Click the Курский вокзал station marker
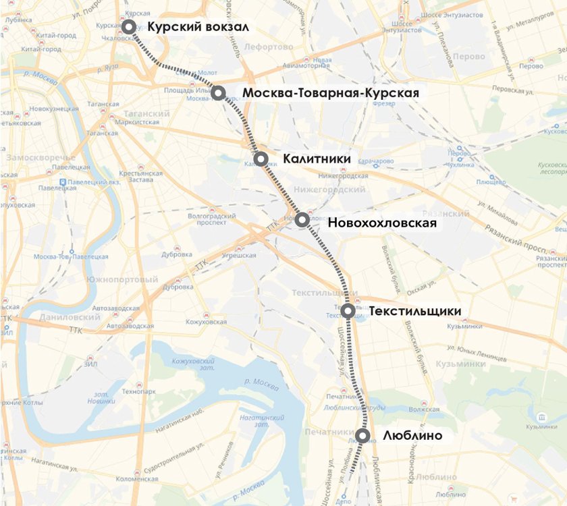pyautogui.click(x=128, y=27)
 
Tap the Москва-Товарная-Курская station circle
pyautogui.click(x=218, y=92)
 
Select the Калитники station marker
pyautogui.click(x=261, y=159)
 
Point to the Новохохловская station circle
pyautogui.click(x=302, y=219)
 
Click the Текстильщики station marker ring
pyautogui.click(x=348, y=311)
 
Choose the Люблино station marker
pyautogui.click(x=363, y=436)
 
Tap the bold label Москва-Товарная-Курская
pyautogui.click(x=331, y=93)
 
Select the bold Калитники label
pyautogui.click(x=317, y=159)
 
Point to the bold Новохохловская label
pyautogui.click(x=382, y=223)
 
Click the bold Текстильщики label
pyautogui.click(x=415, y=311)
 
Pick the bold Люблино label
pyautogui.click(x=412, y=436)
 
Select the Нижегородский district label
pyautogui.click(x=338, y=190)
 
